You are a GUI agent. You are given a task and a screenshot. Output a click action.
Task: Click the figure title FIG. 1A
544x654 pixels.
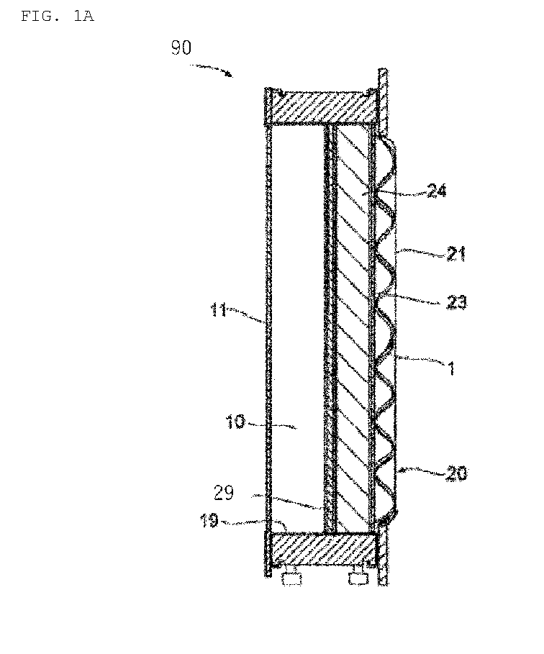(58, 17)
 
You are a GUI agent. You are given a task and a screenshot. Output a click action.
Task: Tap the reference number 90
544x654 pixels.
(181, 47)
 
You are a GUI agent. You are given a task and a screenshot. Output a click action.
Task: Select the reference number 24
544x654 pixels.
(437, 191)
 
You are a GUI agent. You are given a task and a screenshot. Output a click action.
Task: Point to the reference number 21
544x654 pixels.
(456, 253)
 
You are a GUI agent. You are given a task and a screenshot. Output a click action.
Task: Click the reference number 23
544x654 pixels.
(456, 301)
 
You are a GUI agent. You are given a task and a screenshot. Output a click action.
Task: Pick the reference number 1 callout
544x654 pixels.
(450, 368)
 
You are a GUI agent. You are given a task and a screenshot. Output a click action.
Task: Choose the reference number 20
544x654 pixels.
(456, 473)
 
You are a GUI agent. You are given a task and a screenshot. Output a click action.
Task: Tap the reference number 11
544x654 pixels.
(218, 310)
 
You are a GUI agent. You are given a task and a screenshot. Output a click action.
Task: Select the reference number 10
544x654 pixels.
(236, 422)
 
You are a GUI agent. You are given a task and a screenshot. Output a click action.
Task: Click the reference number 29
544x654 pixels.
(224, 493)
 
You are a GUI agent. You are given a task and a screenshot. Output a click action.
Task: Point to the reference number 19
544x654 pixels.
(209, 520)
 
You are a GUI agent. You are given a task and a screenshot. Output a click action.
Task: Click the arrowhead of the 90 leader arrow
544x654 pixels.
(229, 74)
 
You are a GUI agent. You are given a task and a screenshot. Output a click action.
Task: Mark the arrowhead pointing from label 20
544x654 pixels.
(402, 471)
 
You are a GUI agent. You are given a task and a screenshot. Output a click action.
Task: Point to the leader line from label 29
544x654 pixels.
(287, 501)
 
